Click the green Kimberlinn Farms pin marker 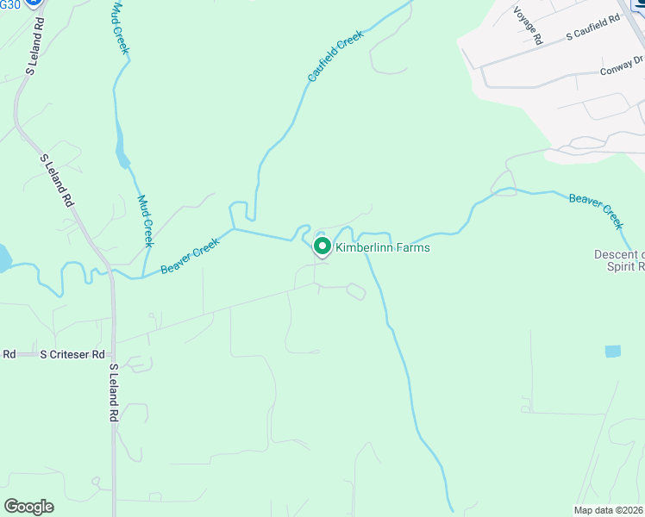(x=322, y=246)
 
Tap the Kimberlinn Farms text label (x=382, y=247)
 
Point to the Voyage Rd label (x=527, y=26)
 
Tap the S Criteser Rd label (x=72, y=354)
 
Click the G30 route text (x=9, y=4)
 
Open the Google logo (x=28, y=506)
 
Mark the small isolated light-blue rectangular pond (x=612, y=351)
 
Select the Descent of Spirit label (x=619, y=260)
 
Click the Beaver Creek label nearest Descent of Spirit (x=596, y=210)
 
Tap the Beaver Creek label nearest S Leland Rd (x=191, y=257)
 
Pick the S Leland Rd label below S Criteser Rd (x=113, y=392)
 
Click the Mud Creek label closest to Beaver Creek (x=145, y=221)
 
